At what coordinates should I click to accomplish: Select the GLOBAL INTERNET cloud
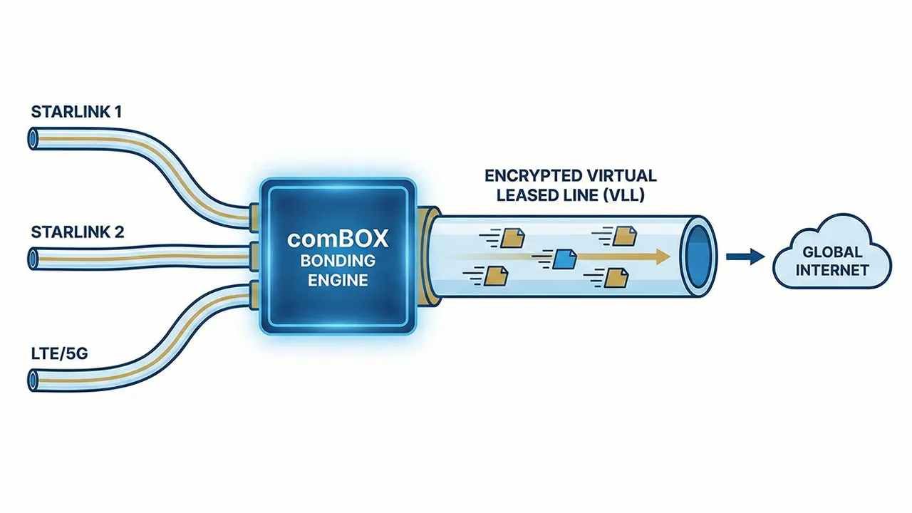click(832, 261)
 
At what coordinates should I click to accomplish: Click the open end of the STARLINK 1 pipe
click(33, 138)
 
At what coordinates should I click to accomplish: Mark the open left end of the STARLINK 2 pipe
click(33, 256)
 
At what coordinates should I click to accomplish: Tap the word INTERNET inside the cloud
click(832, 270)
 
